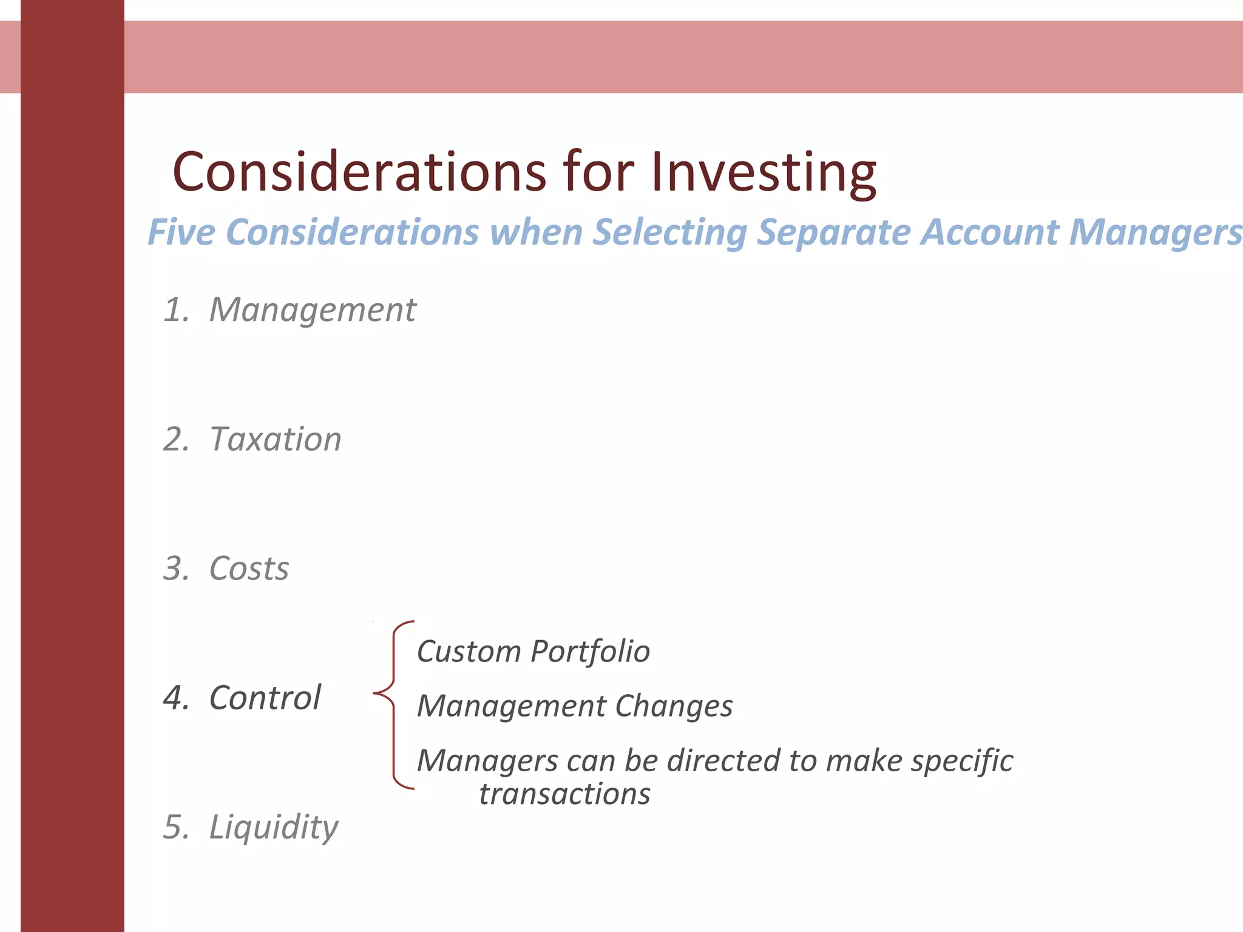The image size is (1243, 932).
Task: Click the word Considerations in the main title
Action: [359, 172]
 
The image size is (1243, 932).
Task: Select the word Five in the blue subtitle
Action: [181, 232]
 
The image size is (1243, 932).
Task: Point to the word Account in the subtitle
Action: [990, 232]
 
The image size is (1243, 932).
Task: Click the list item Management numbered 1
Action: [313, 310]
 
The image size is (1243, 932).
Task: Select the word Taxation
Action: [275, 439]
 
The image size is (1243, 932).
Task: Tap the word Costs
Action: [249, 569]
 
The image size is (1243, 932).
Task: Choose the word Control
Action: [265, 698]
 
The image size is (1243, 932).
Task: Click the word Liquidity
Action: [273, 827]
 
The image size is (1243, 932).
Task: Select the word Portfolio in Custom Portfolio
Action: [590, 652]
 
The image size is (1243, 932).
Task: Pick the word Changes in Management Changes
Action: [674, 706]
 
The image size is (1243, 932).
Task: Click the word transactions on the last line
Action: [564, 794]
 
